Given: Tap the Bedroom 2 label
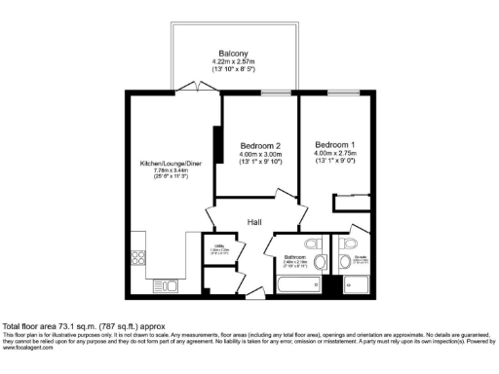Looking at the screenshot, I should (x=260, y=145).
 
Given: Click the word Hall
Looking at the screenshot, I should (x=254, y=223).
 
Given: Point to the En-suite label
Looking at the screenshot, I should (x=360, y=259).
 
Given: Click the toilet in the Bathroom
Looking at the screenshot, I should (x=312, y=244).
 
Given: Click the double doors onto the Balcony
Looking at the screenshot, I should (x=199, y=89).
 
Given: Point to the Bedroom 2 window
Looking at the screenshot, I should (x=274, y=93).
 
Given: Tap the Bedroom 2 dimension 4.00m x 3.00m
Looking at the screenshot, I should (x=260, y=154).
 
